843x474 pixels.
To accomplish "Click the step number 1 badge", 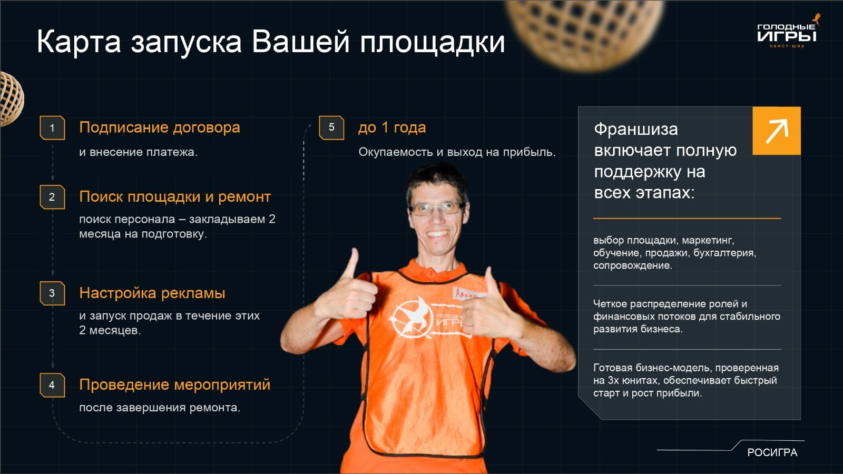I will pyautogui.click(x=52, y=128).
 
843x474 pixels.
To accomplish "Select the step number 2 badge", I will pyautogui.click(x=52, y=197).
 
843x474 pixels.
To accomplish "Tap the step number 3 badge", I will pyautogui.click(x=52, y=293).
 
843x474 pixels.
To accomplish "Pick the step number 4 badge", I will pyautogui.click(x=52, y=385).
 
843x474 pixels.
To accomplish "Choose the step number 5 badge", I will pyautogui.click(x=331, y=127).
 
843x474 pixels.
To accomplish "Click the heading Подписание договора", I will pyautogui.click(x=159, y=127).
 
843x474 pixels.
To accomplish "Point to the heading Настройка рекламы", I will pyautogui.click(x=152, y=293).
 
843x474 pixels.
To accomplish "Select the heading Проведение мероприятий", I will pyautogui.click(x=174, y=384).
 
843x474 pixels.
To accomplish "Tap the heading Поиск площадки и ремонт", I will pyautogui.click(x=174, y=196).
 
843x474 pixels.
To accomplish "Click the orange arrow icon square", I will pyautogui.click(x=776, y=131).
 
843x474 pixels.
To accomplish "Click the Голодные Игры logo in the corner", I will pyautogui.click(x=787, y=33).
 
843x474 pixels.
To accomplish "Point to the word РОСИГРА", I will pyautogui.click(x=772, y=452).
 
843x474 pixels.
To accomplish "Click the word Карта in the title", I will pyautogui.click(x=79, y=42).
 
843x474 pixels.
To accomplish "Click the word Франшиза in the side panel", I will pyautogui.click(x=635, y=129).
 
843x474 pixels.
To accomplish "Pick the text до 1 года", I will pyautogui.click(x=391, y=127).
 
